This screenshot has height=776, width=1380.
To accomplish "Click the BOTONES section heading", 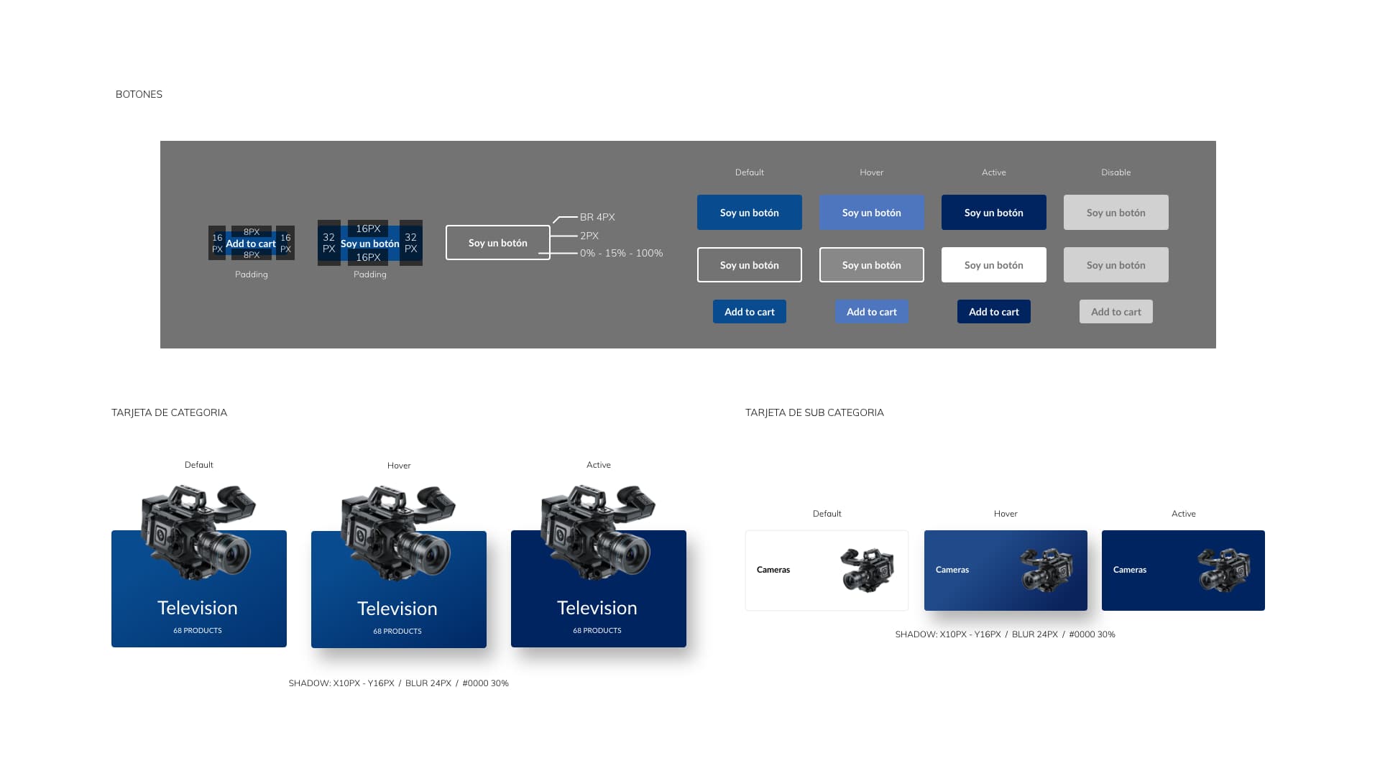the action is pos(139,94).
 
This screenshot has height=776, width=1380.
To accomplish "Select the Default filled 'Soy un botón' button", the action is pos(750,213).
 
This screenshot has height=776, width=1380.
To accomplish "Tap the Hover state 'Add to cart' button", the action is pos(872,312).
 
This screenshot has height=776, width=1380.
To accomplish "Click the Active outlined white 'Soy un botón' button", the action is pos(994,265).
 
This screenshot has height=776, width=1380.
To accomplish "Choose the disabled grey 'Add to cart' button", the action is pos(1116,312).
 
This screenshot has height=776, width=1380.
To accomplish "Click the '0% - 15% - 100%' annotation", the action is pos(622,253).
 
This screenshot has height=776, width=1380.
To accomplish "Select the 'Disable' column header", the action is pos(1116,172).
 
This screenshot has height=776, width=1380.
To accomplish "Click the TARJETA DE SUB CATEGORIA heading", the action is pos(814,412).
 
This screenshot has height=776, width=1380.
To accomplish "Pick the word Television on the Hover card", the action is pos(397,609).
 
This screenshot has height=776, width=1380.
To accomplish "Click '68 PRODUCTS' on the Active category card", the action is pos(597,630).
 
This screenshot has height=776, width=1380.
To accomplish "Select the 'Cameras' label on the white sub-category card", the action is pos(773,570).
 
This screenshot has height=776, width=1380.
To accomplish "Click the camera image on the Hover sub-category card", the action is pos(1046,571).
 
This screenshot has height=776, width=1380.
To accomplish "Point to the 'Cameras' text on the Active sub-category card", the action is pos(1130,570).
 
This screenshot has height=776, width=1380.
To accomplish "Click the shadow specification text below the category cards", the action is pos(399,683).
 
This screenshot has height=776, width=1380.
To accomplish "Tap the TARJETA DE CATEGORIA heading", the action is pos(169,412).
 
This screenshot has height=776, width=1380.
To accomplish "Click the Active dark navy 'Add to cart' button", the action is pos(994,312).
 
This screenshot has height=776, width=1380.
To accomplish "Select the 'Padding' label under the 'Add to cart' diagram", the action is pos(252,274).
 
